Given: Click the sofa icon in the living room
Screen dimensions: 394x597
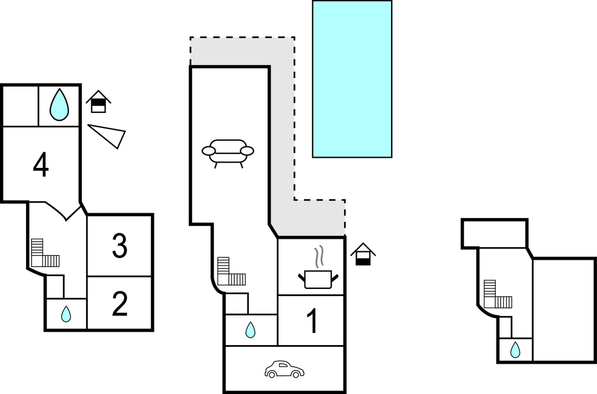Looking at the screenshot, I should tap(228, 152).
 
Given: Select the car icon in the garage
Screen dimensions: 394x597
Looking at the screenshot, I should tap(285, 369).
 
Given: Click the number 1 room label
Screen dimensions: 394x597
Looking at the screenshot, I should tap(312, 321).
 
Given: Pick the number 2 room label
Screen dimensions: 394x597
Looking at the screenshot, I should tap(120, 304).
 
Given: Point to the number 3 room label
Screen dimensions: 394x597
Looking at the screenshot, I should tap(120, 246).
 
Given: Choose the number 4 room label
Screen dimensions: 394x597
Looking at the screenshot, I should tap(41, 165).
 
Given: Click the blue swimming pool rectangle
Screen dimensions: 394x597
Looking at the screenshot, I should tap(352, 79).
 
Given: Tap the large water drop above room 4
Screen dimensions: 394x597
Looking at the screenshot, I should tap(59, 105).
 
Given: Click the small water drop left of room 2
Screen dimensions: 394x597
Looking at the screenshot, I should tap(66, 314).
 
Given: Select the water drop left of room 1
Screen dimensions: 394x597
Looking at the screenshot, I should tap(250, 330).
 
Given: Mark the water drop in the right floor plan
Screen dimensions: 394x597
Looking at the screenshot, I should tap(515, 350).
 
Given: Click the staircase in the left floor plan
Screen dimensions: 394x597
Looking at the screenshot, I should tap(44, 254).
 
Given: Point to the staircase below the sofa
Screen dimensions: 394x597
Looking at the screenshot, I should tap(230, 273).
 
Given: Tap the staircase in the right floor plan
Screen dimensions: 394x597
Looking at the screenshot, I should tap(497, 295).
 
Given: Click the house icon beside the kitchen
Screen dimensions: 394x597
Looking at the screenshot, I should tap(363, 254).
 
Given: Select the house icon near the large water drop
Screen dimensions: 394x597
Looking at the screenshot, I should tap(98, 102).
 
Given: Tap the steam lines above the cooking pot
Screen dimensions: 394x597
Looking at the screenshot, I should tap(320, 256).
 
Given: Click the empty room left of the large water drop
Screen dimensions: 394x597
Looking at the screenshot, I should tap(20, 106).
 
